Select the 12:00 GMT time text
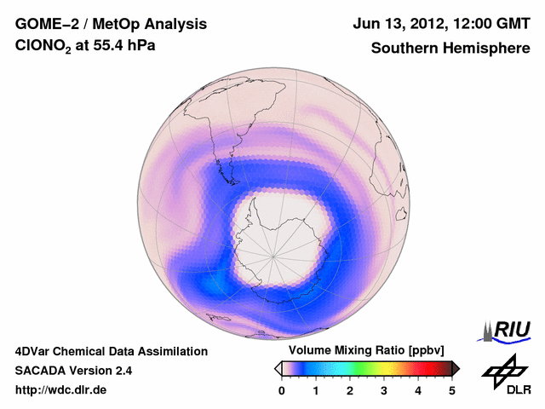point(488,23)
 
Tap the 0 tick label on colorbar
point(282,390)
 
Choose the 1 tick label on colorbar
point(316,390)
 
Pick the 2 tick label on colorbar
point(350,390)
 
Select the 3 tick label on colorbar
point(384,390)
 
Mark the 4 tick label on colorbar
point(418,390)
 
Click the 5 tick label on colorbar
point(452,390)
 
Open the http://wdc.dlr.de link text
point(61,390)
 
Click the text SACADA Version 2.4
point(74,371)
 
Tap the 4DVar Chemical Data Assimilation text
point(112,351)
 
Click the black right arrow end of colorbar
point(456,368)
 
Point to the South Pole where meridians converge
point(272,254)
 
